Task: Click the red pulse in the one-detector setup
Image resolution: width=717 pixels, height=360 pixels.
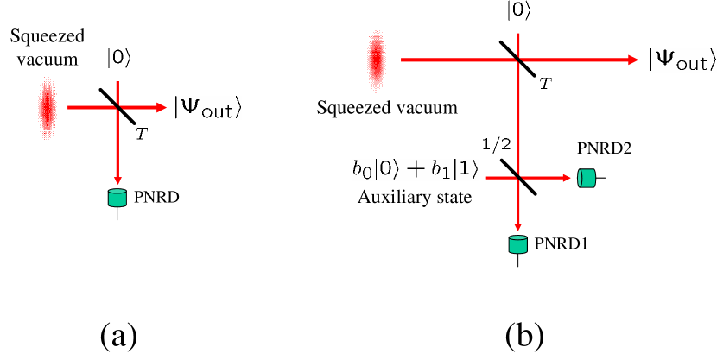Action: pyautogui.click(x=47, y=108)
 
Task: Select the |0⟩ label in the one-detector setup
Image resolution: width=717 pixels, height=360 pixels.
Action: pyautogui.click(x=117, y=58)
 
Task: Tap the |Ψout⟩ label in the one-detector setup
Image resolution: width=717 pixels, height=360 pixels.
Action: pyautogui.click(x=207, y=108)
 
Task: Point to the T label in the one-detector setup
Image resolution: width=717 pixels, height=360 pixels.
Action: pyautogui.click(x=142, y=134)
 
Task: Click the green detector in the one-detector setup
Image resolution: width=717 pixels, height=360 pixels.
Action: pyautogui.click(x=117, y=198)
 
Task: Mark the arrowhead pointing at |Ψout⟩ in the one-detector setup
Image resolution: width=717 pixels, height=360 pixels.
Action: pyautogui.click(x=161, y=108)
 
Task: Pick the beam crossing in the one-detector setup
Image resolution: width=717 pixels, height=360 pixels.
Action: pyautogui.click(x=117, y=108)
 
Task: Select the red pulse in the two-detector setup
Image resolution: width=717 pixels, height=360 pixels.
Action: pyautogui.click(x=376, y=60)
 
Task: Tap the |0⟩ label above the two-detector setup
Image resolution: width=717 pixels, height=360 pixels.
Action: pyautogui.click(x=518, y=11)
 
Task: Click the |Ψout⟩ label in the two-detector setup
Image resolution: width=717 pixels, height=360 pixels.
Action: pyautogui.click(x=682, y=60)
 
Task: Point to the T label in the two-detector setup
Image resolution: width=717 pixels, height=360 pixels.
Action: pyautogui.click(x=545, y=84)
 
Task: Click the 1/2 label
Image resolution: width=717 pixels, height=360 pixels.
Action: pyautogui.click(x=496, y=143)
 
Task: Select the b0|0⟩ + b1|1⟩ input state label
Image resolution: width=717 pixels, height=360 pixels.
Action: pyautogui.click(x=416, y=170)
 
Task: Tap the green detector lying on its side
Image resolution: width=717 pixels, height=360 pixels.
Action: pyautogui.click(x=587, y=178)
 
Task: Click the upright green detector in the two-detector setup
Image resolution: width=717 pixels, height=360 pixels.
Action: pyautogui.click(x=517, y=244)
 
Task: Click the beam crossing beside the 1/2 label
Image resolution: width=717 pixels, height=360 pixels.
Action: pyautogui.click(x=518, y=178)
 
